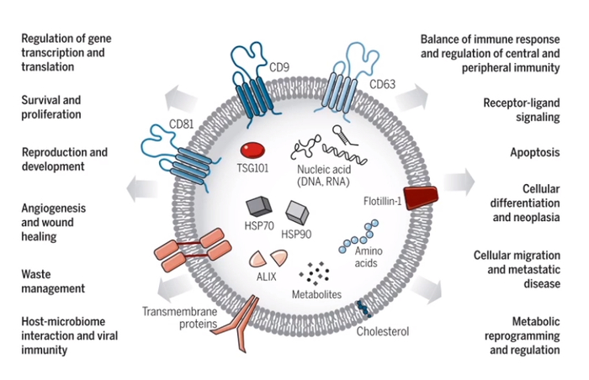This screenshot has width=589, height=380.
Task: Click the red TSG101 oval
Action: (252, 150)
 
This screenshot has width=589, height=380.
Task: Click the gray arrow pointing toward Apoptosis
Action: (458, 181)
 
